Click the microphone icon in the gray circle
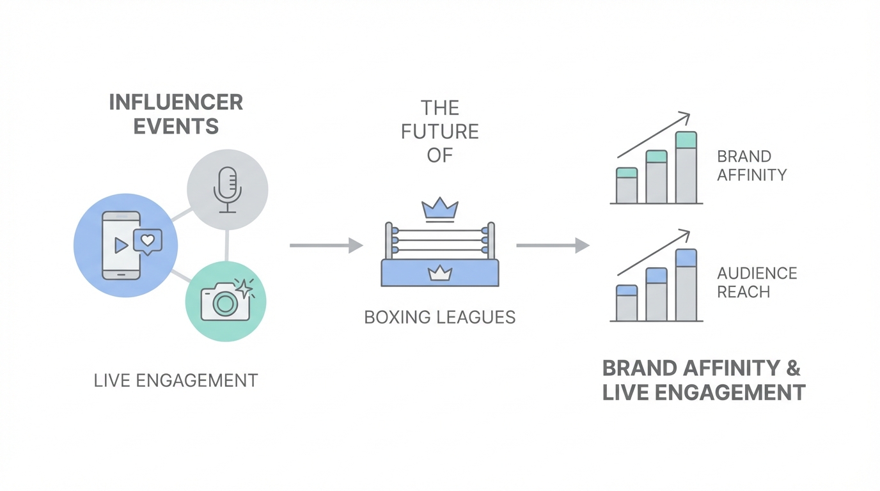click(227, 189)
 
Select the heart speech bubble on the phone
click(148, 241)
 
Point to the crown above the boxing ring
click(440, 207)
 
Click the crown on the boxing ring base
click(440, 274)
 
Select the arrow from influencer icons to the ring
click(326, 245)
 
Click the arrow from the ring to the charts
click(553, 245)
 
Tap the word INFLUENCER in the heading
click(176, 102)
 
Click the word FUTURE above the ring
click(440, 131)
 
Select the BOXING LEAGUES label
click(440, 317)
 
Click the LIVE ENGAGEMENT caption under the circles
click(175, 380)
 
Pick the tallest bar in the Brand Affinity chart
click(686, 168)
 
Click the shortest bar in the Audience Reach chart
click(627, 303)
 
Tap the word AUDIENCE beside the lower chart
click(757, 274)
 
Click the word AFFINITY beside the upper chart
click(751, 175)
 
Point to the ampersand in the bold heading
click(792, 368)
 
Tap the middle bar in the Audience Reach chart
click(657, 294)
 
